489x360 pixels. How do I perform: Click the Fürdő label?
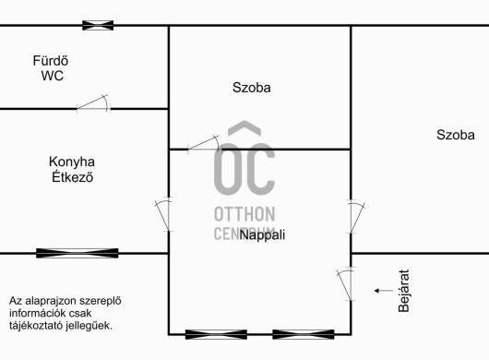click(x=51, y=61)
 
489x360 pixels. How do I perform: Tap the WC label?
click(x=52, y=76)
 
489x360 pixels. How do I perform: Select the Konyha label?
click(x=72, y=162)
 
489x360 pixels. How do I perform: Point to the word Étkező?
click(x=72, y=177)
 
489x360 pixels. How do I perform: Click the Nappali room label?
click(x=262, y=235)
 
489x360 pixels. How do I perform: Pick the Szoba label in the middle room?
click(x=251, y=88)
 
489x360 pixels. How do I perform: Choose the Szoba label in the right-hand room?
click(x=456, y=135)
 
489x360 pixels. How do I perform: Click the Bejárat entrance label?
click(x=404, y=291)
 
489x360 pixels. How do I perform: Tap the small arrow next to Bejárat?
click(x=384, y=291)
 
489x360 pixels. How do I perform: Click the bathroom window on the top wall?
click(x=98, y=25)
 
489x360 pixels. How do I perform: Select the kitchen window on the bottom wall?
click(x=78, y=253)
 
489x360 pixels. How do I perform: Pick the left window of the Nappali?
click(x=216, y=334)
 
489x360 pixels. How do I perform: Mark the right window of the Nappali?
click(x=304, y=334)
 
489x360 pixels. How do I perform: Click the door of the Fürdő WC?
click(x=93, y=103)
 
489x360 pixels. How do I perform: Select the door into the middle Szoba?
click(x=204, y=144)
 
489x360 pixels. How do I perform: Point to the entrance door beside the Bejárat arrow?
click(x=346, y=284)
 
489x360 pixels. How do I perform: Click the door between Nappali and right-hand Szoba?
click(x=356, y=217)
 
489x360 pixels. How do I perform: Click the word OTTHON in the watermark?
click(x=244, y=214)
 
